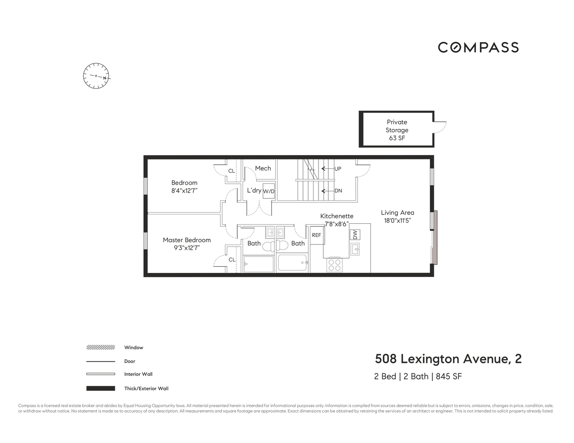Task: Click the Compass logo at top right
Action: click(478, 47)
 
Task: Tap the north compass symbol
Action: click(96, 76)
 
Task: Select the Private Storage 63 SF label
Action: click(397, 130)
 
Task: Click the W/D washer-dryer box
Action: click(269, 191)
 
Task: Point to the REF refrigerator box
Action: click(317, 235)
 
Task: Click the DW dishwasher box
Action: click(354, 234)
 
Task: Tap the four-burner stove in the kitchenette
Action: click(334, 265)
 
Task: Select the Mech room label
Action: click(263, 168)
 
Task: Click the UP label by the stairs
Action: click(338, 169)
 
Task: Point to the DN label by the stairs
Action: click(338, 191)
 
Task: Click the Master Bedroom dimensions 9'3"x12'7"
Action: click(187, 248)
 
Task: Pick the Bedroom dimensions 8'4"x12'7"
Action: click(184, 191)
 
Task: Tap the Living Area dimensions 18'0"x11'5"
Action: click(397, 221)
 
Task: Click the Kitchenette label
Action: click(337, 216)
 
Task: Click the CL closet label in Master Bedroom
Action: click(232, 260)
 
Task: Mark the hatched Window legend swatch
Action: click(101, 348)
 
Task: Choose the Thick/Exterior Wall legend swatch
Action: click(101, 389)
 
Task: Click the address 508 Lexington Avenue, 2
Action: click(448, 359)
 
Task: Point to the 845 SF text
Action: click(449, 377)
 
